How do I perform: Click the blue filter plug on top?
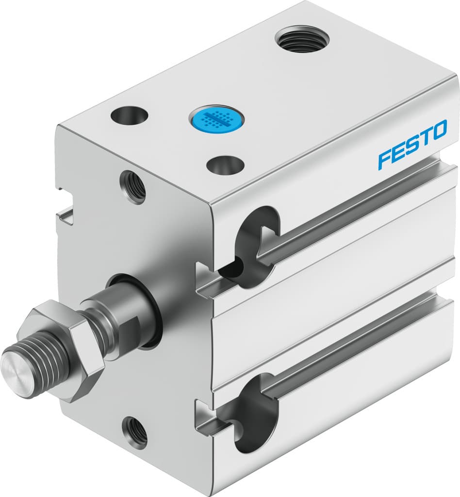[x=216, y=117]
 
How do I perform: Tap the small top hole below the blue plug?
[x=225, y=165]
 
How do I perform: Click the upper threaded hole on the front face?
[x=132, y=186]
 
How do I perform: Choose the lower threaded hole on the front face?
[x=134, y=431]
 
